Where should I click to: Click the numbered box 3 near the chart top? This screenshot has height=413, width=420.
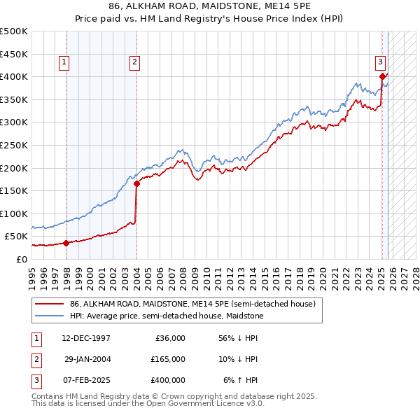(x=380, y=61)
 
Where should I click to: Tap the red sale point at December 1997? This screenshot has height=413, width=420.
(x=66, y=243)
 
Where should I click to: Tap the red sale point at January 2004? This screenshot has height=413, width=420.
(x=136, y=184)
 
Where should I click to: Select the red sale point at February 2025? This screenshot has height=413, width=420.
(x=382, y=76)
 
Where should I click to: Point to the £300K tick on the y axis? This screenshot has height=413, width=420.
(x=14, y=122)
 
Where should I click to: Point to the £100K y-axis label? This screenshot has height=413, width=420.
(x=14, y=213)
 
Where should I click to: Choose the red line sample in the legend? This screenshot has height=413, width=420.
(x=48, y=304)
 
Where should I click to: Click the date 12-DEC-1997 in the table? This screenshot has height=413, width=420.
(x=83, y=338)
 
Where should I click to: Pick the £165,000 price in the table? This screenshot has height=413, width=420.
(x=168, y=359)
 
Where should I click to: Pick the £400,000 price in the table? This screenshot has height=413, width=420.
(x=168, y=380)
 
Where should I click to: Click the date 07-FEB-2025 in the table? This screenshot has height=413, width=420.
(x=83, y=380)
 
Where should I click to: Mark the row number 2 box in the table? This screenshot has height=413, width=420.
(x=35, y=359)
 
